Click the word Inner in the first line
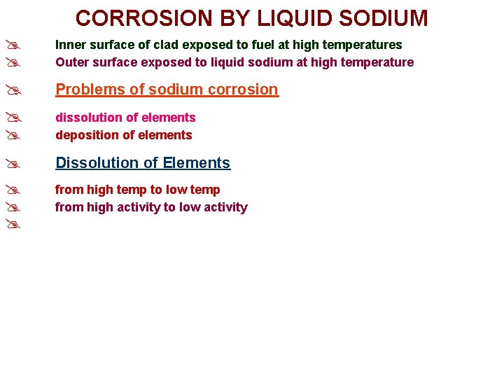point(70,45)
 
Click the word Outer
point(71,62)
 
